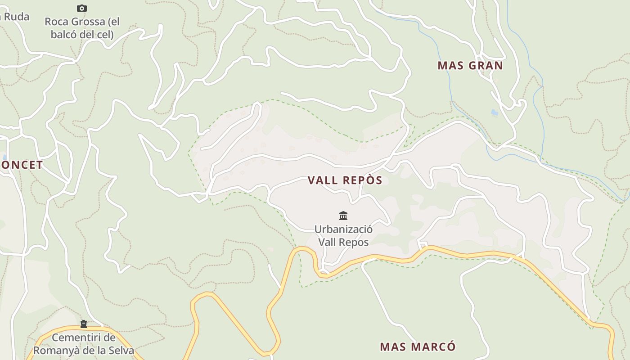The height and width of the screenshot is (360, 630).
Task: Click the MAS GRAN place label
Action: (470, 66)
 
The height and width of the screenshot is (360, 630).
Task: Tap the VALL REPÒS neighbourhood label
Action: (345, 180)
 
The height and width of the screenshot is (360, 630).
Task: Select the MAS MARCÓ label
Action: (418, 347)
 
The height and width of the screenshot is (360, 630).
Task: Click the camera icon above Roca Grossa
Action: (81, 8)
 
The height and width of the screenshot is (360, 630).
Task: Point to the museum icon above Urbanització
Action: (343, 216)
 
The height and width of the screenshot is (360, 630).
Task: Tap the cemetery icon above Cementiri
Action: (83, 324)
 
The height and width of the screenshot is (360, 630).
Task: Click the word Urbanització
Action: (343, 229)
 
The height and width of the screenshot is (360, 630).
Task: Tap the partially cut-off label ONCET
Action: (21, 165)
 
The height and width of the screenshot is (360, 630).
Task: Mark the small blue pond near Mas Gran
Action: (495, 112)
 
